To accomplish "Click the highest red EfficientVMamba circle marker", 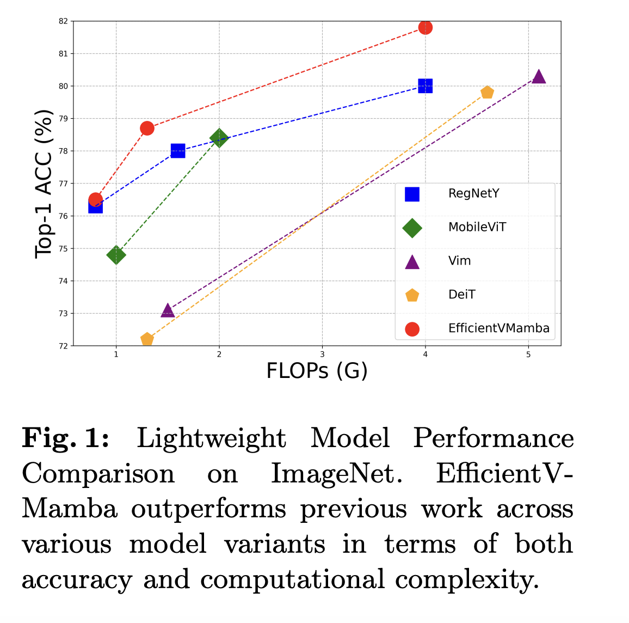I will tap(425, 27).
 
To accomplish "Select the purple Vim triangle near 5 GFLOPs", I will tap(539, 77).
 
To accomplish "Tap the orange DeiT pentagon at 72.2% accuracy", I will tap(147, 339).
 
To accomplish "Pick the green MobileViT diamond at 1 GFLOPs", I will tap(116, 255).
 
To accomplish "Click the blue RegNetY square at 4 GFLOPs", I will tap(425, 86).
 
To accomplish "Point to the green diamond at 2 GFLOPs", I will tap(219, 138).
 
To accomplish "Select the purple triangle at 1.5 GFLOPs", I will tap(168, 310).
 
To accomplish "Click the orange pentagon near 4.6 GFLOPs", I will tap(487, 93).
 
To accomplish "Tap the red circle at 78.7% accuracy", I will tap(147, 129).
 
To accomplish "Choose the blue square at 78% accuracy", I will tap(178, 151).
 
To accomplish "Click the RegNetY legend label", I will tap(473, 193).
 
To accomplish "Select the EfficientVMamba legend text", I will tap(498, 328).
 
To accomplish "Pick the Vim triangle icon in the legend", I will tap(412, 262).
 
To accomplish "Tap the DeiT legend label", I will tap(461, 295).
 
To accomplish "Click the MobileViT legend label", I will tap(477, 227).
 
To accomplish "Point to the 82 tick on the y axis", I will tap(63, 21).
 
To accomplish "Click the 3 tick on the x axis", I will tap(322, 355).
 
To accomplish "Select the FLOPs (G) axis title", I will tap(317, 371).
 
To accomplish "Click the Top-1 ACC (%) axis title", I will tap(44, 184).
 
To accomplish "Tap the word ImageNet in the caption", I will tap(336, 473).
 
